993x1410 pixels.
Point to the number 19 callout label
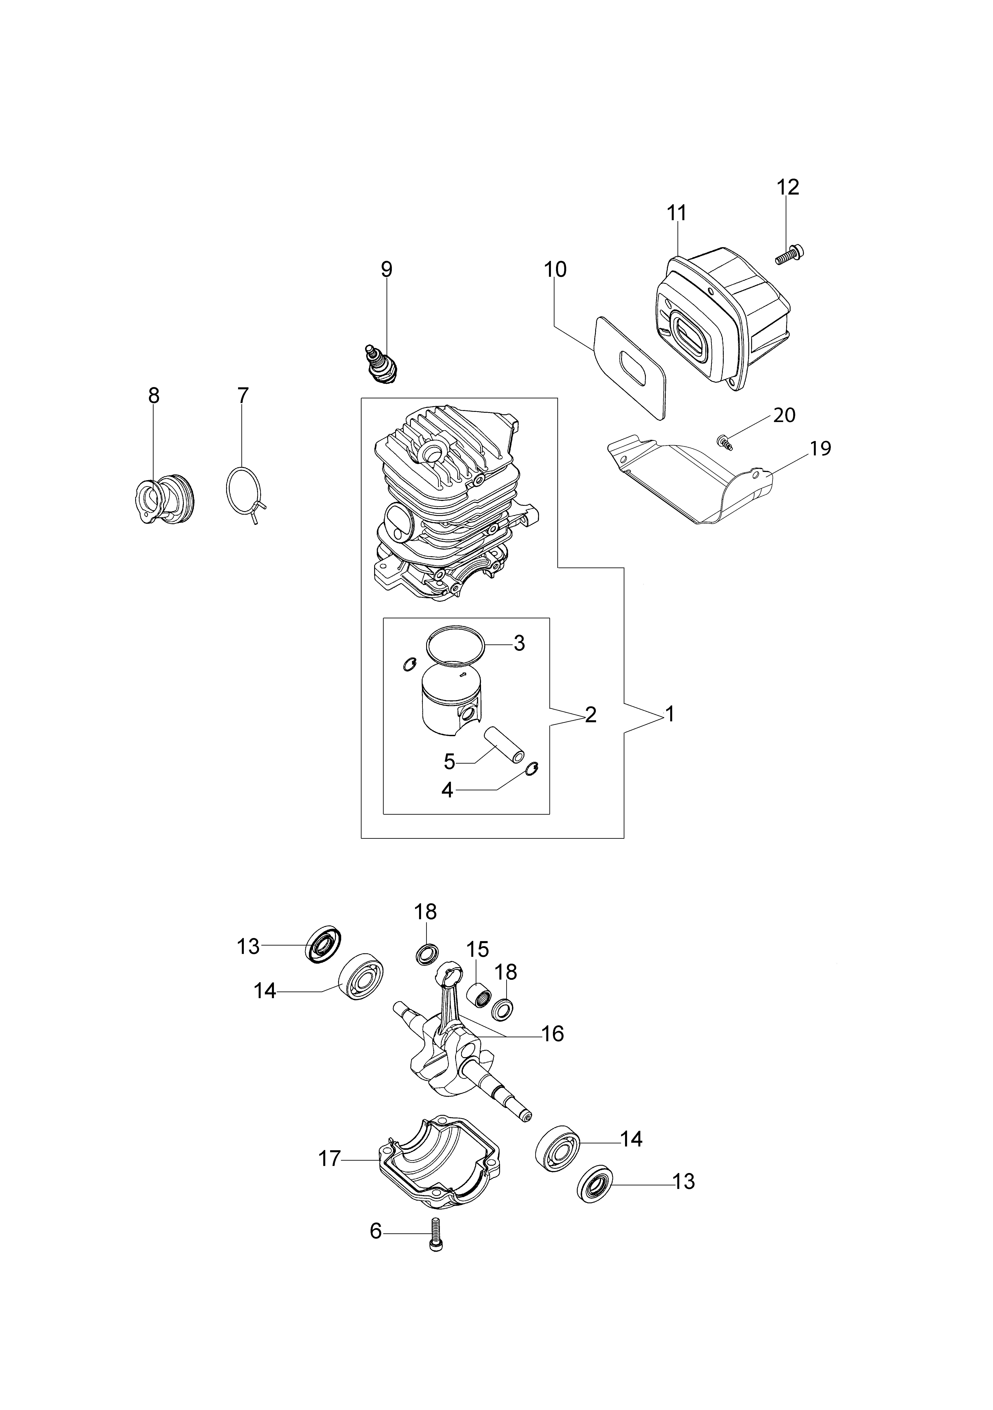[820, 448]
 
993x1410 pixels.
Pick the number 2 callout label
[591, 714]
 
